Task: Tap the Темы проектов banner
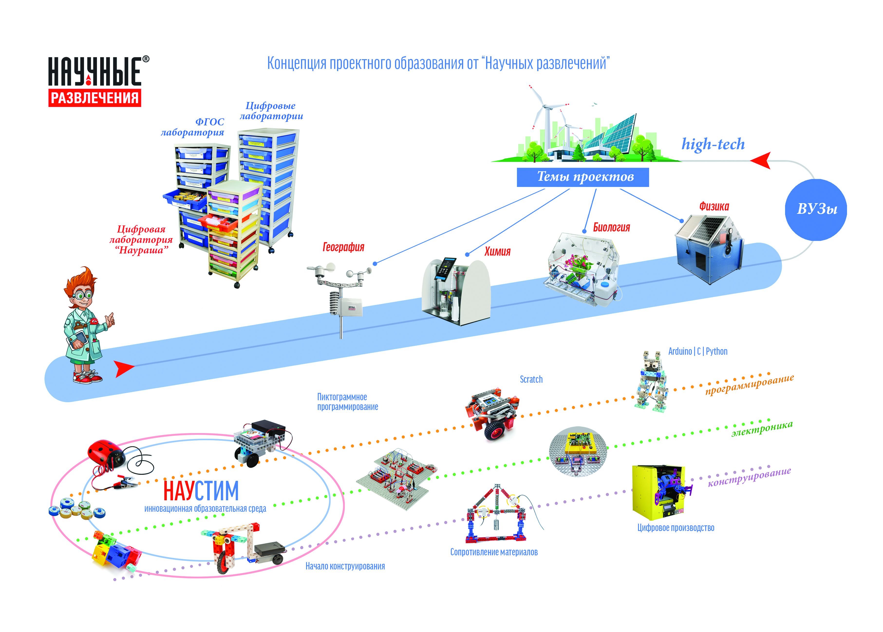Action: pyautogui.click(x=582, y=177)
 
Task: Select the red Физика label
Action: pyautogui.click(x=714, y=206)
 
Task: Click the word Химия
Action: pyautogui.click(x=497, y=251)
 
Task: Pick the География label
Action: pyautogui.click(x=343, y=247)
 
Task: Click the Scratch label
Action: pyautogui.click(x=531, y=379)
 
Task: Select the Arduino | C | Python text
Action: pyautogui.click(x=697, y=351)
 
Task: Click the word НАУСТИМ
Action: pyautogui.click(x=201, y=491)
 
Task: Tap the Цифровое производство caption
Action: pyautogui.click(x=676, y=528)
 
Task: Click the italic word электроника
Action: pyautogui.click(x=761, y=428)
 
